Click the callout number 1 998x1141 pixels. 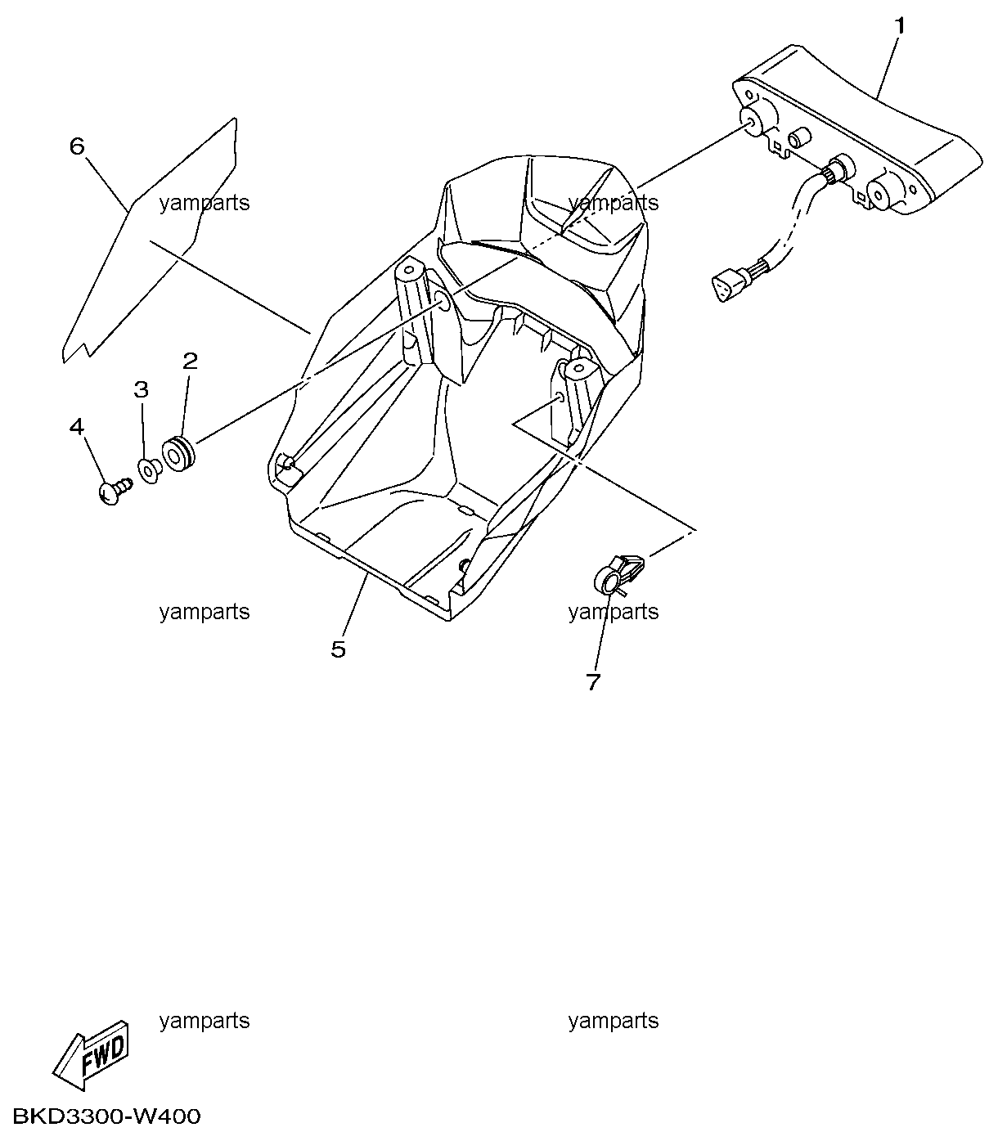pyautogui.click(x=899, y=26)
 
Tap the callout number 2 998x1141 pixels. pyautogui.click(x=190, y=362)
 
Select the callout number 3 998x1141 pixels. pyautogui.click(x=141, y=389)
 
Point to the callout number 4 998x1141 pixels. pyautogui.click(x=76, y=427)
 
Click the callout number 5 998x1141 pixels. pyautogui.click(x=339, y=649)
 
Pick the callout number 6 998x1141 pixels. pyautogui.click(x=77, y=146)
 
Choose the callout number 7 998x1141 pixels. pyautogui.click(x=593, y=681)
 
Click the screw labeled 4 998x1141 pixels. pyautogui.click(x=115, y=490)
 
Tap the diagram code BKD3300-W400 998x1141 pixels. pyautogui.click(x=106, y=1116)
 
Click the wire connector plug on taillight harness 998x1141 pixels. pyautogui.click(x=727, y=285)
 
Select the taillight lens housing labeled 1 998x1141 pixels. pyautogui.click(x=859, y=131)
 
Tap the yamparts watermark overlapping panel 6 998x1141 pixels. pyautogui.click(x=205, y=203)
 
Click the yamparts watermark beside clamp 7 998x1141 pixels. pyautogui.click(x=614, y=613)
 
